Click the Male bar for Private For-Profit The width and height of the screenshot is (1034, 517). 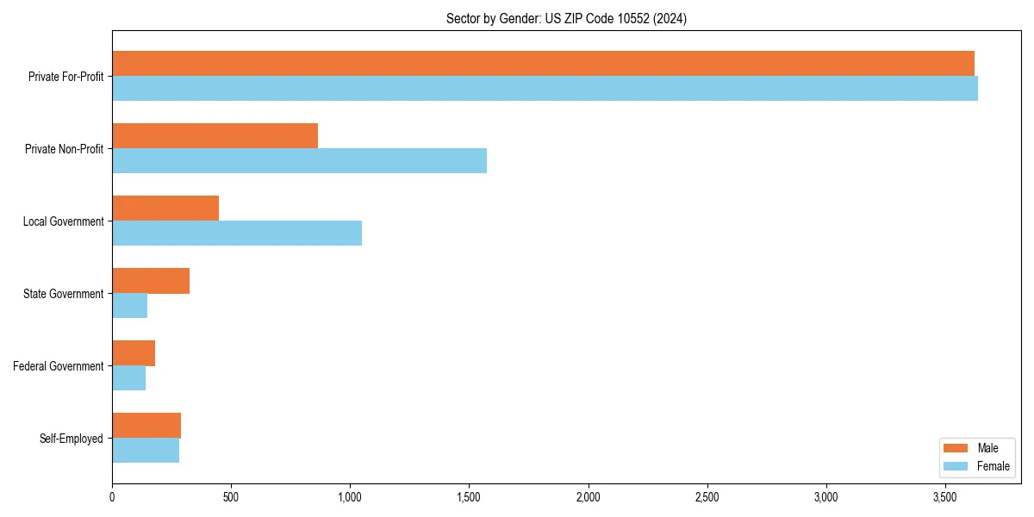543,64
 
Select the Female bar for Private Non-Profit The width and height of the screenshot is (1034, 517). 299,161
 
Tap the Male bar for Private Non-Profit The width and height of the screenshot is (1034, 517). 215,136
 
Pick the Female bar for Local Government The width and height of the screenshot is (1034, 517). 237,234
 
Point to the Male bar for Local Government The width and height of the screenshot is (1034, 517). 165,209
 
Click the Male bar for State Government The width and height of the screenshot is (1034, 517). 151,281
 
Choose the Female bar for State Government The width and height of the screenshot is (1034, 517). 129,306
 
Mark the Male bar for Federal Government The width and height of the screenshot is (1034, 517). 134,353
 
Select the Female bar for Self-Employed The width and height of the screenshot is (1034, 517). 146,451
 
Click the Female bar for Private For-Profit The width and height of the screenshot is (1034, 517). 545,89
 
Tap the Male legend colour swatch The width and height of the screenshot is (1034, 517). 956,448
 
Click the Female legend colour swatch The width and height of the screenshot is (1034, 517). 956,466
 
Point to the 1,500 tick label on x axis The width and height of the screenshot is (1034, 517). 469,497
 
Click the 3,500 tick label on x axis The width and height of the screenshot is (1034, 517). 945,497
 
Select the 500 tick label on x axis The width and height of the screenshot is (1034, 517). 231,497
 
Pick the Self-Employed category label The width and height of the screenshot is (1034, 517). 72,439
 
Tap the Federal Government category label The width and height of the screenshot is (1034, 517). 59,366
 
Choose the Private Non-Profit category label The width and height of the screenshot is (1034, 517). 64,149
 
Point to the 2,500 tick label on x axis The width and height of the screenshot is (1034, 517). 707,497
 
